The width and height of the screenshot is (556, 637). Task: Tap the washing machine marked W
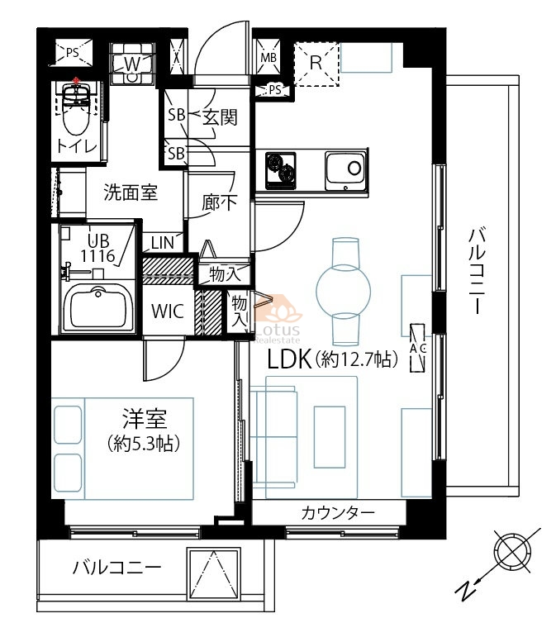click(x=132, y=64)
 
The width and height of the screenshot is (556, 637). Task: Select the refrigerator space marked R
click(x=316, y=64)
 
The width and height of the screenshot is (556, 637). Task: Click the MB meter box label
click(x=268, y=57)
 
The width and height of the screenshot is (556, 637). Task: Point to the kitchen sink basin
click(x=346, y=171)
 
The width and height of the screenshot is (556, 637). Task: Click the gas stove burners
click(x=281, y=171)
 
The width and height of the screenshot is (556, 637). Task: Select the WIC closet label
click(x=168, y=311)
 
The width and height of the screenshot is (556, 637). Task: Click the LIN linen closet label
click(x=163, y=244)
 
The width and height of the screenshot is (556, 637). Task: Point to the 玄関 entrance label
click(x=220, y=118)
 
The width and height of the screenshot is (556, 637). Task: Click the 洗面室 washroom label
click(x=131, y=193)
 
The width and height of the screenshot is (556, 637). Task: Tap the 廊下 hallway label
click(x=220, y=202)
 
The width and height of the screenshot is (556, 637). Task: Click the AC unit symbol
click(x=417, y=348)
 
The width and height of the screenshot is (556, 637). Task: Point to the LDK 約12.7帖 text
click(x=332, y=359)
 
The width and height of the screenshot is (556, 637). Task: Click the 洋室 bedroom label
click(x=145, y=420)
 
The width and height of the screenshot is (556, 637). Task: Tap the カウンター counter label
click(x=338, y=514)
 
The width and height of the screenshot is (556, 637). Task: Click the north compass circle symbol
click(x=512, y=551)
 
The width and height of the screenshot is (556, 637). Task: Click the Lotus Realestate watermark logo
click(x=278, y=319)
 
